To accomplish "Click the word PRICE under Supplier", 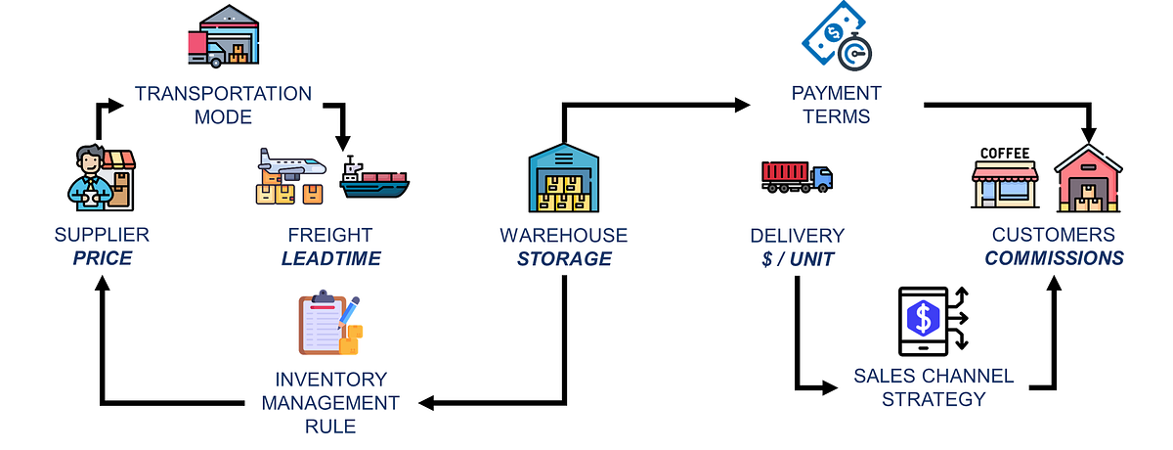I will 102,259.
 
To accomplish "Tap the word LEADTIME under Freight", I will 330,259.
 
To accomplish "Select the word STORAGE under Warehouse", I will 564,259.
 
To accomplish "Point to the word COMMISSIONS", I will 1054,259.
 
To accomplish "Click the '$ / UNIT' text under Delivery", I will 797,259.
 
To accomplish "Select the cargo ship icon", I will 375,179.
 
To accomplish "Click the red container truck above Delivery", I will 797,176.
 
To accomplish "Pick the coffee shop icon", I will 1005,178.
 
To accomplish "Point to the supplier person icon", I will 98,176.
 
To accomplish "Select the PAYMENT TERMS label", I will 836,105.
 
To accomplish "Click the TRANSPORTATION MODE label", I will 223,105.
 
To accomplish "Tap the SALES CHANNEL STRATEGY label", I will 934,387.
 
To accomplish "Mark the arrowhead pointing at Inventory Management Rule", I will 427,401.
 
